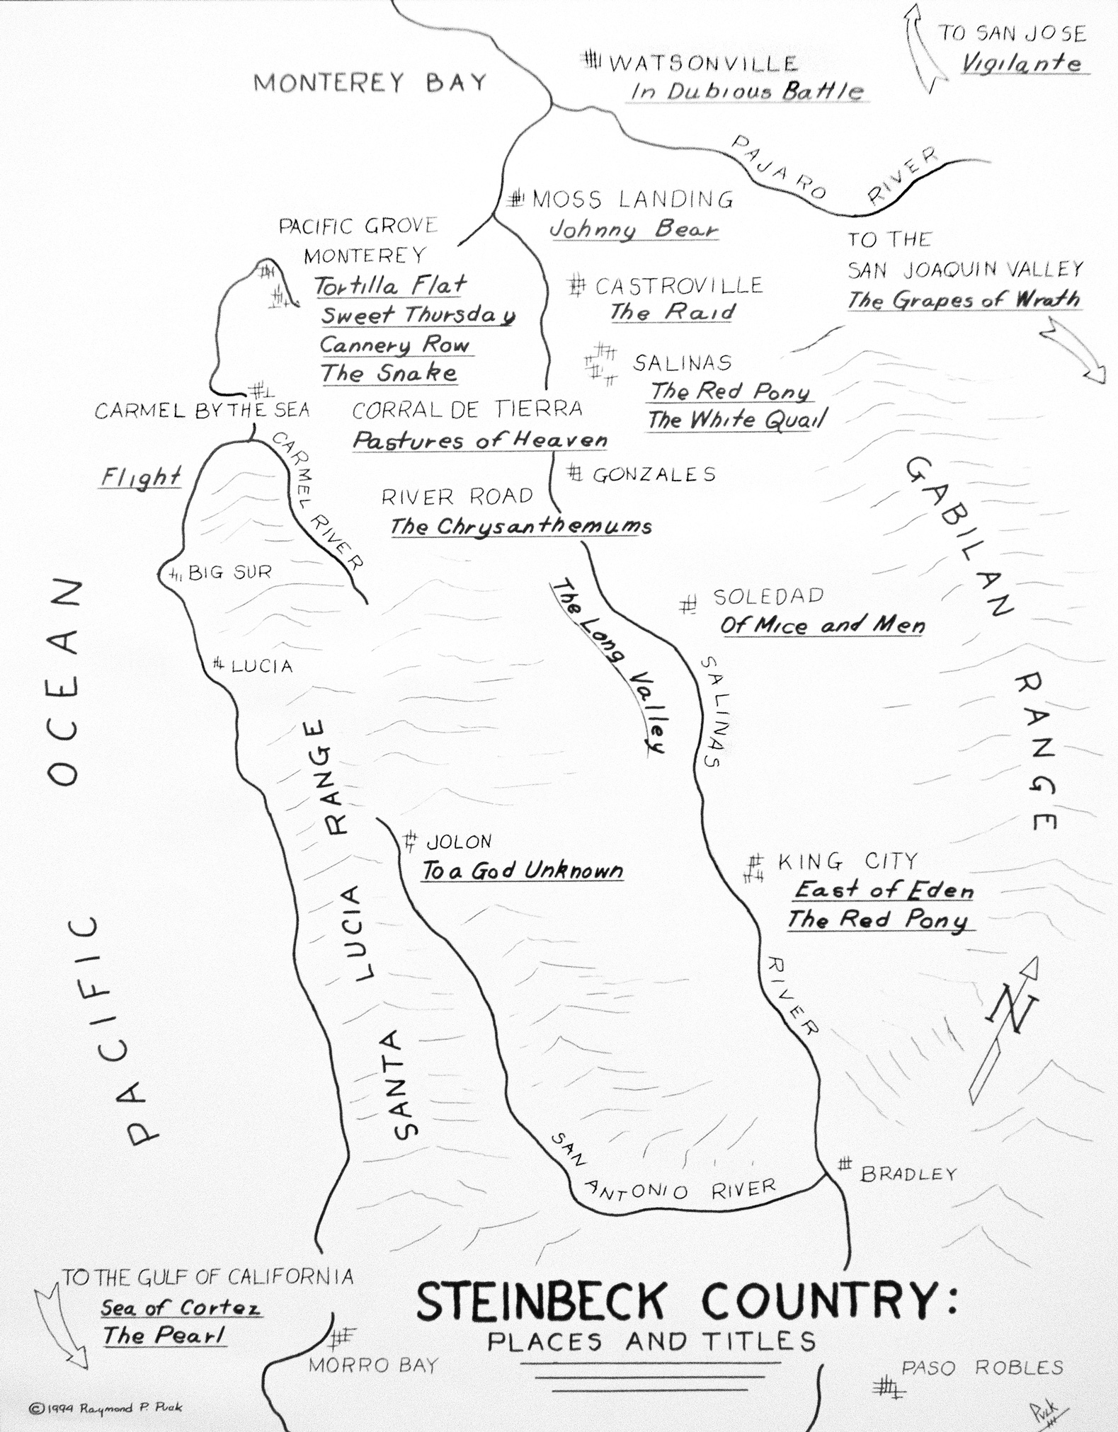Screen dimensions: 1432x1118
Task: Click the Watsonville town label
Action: (702, 63)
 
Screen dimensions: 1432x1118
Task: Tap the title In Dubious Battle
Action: (746, 91)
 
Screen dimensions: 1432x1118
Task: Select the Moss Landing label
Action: (632, 200)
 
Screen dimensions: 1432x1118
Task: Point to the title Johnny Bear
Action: (634, 229)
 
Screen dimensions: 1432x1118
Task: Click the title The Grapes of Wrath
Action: (963, 299)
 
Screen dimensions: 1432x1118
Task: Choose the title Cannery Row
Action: (394, 345)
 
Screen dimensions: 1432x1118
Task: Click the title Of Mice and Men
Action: (822, 625)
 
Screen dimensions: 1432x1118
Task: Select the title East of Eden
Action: (883, 890)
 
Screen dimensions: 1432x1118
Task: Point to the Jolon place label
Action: (458, 842)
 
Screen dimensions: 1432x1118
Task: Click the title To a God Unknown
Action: (522, 871)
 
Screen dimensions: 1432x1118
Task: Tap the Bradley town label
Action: (908, 1174)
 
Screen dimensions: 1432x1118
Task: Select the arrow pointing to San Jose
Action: (923, 46)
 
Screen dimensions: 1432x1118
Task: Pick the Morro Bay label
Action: (373, 1365)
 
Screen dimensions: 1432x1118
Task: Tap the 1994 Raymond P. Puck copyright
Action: (105, 1408)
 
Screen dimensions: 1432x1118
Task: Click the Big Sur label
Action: (229, 572)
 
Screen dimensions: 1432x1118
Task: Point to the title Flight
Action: (140, 477)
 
